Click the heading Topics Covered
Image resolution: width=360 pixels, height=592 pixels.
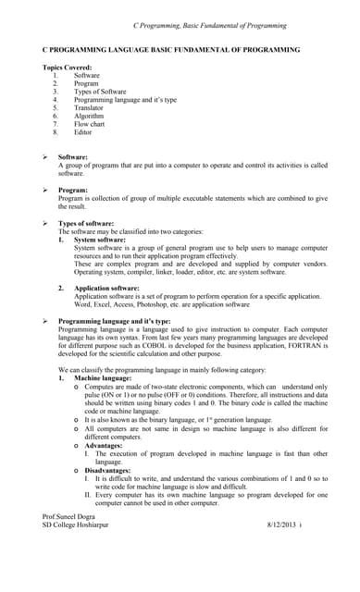click(68, 68)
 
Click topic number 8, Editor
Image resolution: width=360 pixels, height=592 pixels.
click(83, 133)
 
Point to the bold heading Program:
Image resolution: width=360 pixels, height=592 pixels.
click(74, 190)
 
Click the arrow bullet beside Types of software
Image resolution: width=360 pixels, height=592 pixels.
click(46, 224)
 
